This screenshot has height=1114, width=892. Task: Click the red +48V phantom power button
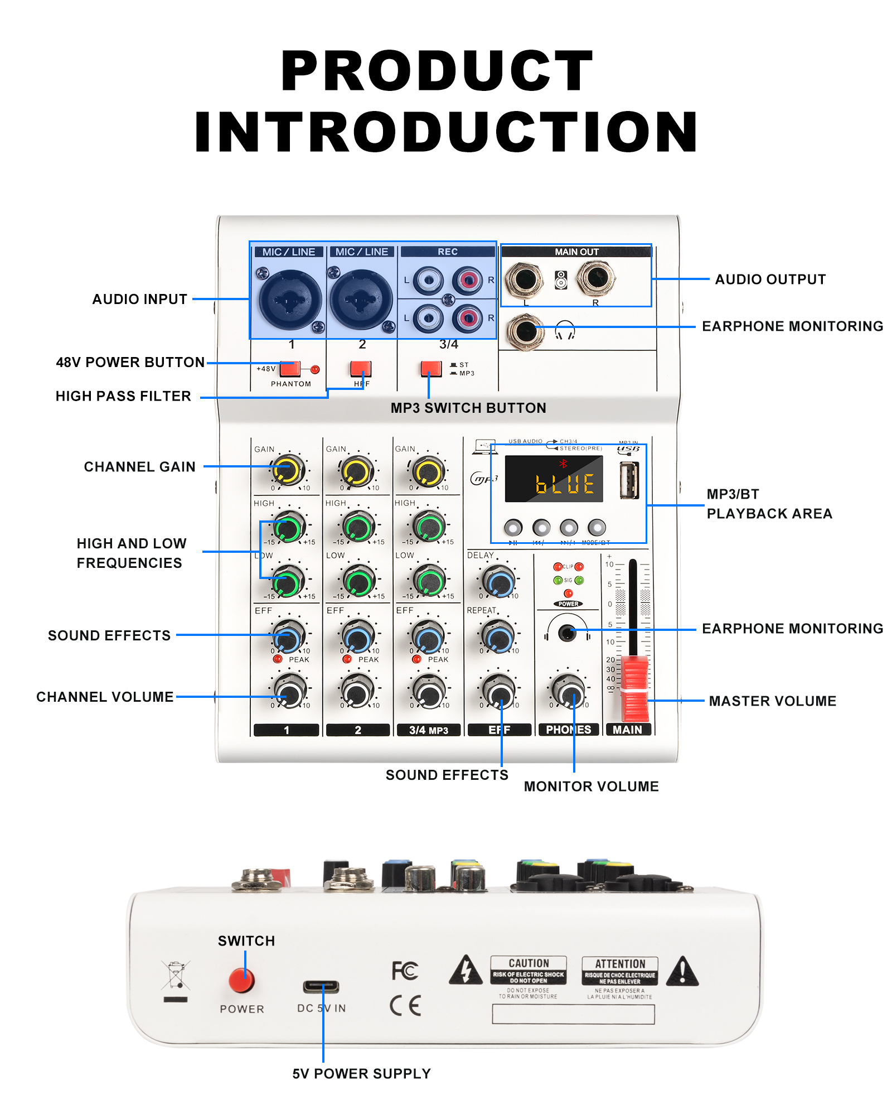pos(289,369)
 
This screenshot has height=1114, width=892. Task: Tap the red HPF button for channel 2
pos(360,369)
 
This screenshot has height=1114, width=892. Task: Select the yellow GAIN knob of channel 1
pos(287,470)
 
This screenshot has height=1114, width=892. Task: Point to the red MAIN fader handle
pos(634,689)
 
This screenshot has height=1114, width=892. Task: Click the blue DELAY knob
pos(499,582)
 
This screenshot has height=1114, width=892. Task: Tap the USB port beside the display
pos(629,480)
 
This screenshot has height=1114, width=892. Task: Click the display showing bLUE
pos(554,479)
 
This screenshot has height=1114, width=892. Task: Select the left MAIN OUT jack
pos(524,278)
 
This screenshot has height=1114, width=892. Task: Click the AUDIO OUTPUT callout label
pos(770,279)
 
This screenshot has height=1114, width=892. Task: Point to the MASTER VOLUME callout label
pos(772,701)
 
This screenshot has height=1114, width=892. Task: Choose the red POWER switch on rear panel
pos(241,980)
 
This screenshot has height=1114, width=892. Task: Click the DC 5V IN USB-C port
pos(321,986)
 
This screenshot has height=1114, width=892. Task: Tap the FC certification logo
pos(405,971)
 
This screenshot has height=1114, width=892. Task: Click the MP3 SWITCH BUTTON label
pos(468,408)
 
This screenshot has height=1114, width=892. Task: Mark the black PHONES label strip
pos(568,730)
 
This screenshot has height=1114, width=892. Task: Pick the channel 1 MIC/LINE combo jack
pos(289,300)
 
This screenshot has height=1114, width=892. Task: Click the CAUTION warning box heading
pos(529,963)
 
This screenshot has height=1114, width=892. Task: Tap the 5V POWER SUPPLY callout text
pos(361,1074)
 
